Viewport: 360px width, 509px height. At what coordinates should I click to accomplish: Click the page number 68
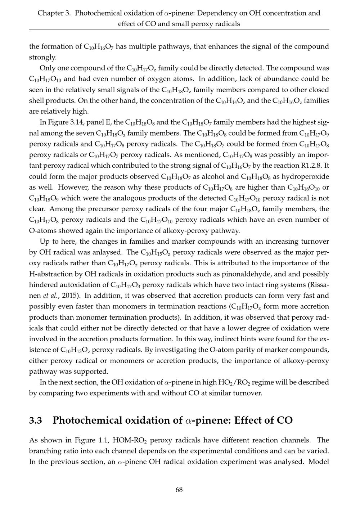[x=179, y=490]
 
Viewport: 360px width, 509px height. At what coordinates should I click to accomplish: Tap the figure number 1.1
[x=103, y=440]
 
